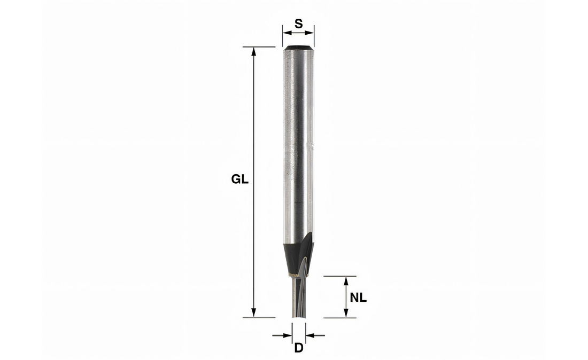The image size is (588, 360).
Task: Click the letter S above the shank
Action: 299,24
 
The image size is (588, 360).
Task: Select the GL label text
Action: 239,180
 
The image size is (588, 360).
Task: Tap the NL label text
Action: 358,298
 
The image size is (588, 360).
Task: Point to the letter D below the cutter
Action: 299,348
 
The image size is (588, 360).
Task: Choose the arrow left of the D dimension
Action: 286,335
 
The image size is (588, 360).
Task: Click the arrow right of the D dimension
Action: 312,335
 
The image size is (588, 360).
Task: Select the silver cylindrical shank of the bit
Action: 299,144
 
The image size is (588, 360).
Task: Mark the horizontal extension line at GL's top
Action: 259,47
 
